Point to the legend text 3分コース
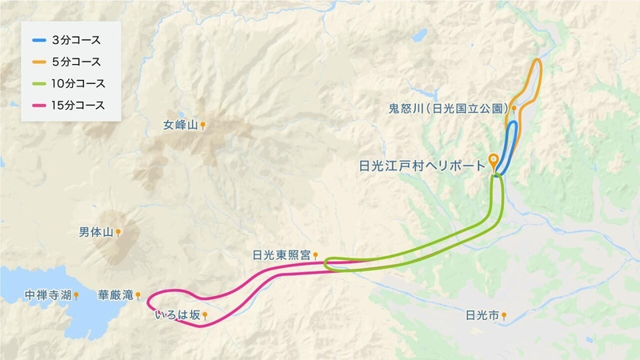pyautogui.click(x=78, y=40)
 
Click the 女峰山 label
pyautogui.click(x=179, y=125)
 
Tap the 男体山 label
pyautogui.click(x=95, y=232)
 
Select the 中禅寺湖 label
pyautogui.click(x=48, y=294)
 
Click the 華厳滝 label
pyautogui.click(x=114, y=295)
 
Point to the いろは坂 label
pyautogui.click(x=178, y=315)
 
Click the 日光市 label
pyautogui.click(x=482, y=316)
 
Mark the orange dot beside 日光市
pyautogui.click(x=505, y=316)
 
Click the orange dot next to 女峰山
pyautogui.click(x=204, y=125)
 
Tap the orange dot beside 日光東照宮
pyautogui.click(x=316, y=255)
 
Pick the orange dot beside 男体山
pyautogui.click(x=118, y=233)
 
